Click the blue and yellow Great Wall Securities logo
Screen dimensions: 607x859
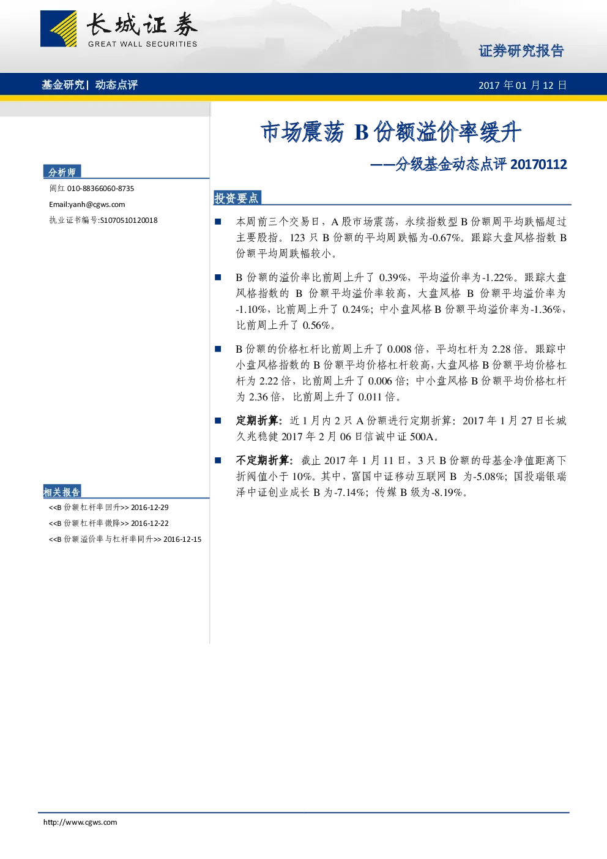(58, 29)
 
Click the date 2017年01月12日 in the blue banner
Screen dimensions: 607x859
(523, 85)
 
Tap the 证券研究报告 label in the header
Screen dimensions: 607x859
(521, 51)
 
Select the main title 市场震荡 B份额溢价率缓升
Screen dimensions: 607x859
(391, 132)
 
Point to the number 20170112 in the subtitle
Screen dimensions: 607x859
(539, 165)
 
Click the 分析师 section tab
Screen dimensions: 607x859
(62, 172)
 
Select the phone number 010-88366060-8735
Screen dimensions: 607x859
(100, 189)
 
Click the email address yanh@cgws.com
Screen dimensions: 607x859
(97, 204)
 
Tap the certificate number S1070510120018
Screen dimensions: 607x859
(128, 220)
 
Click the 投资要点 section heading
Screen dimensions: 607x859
(236, 198)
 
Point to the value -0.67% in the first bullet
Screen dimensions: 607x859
(444, 238)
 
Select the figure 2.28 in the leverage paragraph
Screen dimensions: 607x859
(502, 350)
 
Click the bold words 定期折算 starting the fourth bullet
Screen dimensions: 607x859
(257, 421)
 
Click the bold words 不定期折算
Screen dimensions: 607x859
(263, 460)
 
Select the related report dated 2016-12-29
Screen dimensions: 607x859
(109, 508)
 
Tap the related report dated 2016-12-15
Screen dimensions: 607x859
(125, 539)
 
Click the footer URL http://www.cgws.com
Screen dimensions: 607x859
(80, 822)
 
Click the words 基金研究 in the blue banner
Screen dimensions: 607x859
(63, 84)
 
